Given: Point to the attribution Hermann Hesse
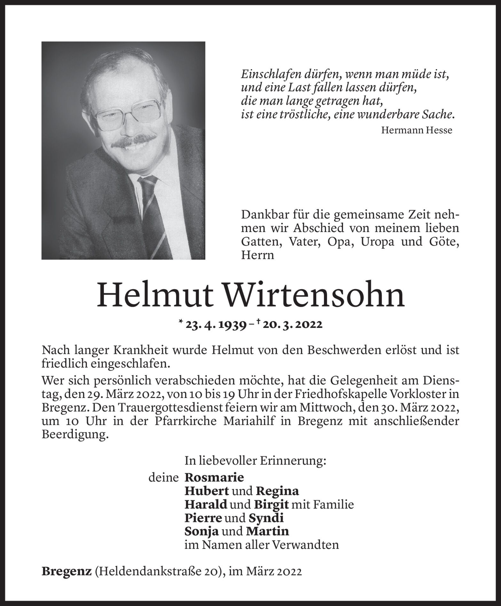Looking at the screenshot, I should coord(417,130).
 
